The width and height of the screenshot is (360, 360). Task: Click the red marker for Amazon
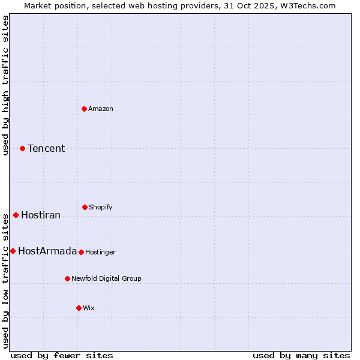click(x=84, y=109)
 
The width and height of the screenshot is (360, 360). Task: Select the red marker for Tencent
click(x=22, y=148)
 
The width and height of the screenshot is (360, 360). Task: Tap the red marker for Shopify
click(x=85, y=207)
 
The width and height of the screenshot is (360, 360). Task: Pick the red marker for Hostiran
click(x=16, y=215)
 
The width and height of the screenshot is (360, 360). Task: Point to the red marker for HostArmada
click(x=13, y=251)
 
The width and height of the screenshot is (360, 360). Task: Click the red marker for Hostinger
click(x=81, y=252)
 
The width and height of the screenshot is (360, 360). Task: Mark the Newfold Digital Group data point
click(x=67, y=278)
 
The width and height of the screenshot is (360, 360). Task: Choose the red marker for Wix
click(x=79, y=308)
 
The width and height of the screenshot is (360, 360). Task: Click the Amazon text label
click(x=101, y=109)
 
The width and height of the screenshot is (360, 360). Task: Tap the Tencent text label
click(x=46, y=148)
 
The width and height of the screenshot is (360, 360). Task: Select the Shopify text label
click(x=101, y=207)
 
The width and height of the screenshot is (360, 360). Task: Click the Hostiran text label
click(x=41, y=215)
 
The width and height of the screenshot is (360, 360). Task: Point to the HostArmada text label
click(x=47, y=251)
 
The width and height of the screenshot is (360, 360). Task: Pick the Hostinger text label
click(x=100, y=252)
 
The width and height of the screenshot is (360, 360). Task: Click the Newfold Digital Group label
click(x=107, y=278)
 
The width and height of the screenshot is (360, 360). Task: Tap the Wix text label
click(x=89, y=308)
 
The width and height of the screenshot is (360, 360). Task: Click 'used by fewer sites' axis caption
click(x=62, y=355)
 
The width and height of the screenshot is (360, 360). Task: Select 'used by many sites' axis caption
click(x=301, y=355)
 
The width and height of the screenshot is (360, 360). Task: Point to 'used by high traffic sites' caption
click(x=5, y=85)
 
